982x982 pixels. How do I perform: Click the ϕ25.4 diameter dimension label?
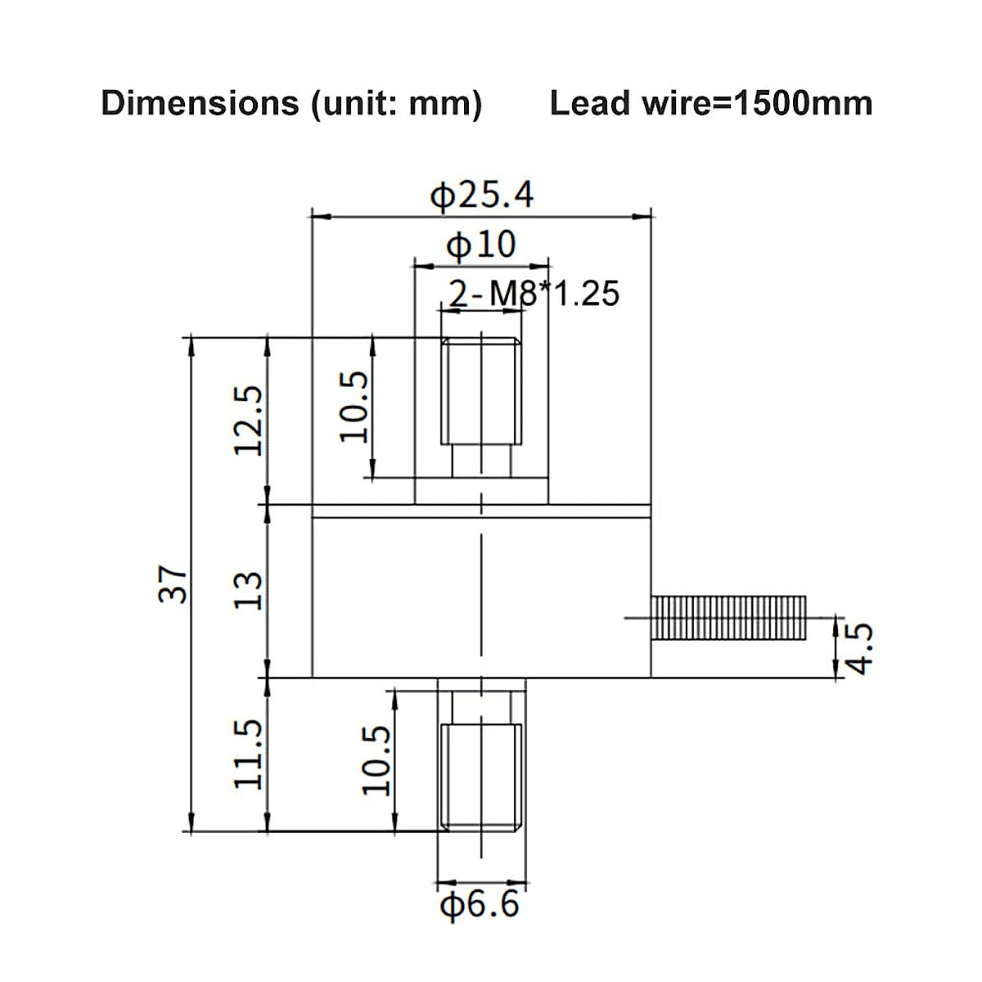click(x=482, y=195)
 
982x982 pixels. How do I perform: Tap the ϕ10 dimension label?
click(x=481, y=244)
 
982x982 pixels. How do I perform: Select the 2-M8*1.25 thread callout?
click(x=534, y=293)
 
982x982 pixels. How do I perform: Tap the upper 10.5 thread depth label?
click(x=354, y=407)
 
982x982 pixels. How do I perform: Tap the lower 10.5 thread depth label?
click(x=377, y=759)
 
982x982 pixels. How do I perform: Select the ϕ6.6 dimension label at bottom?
click(x=480, y=905)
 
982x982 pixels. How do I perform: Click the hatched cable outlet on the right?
click(x=729, y=618)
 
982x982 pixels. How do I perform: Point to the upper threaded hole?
click(x=481, y=391)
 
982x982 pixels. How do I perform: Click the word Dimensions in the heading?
click(x=200, y=104)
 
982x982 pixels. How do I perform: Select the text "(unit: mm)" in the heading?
click(x=395, y=104)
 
